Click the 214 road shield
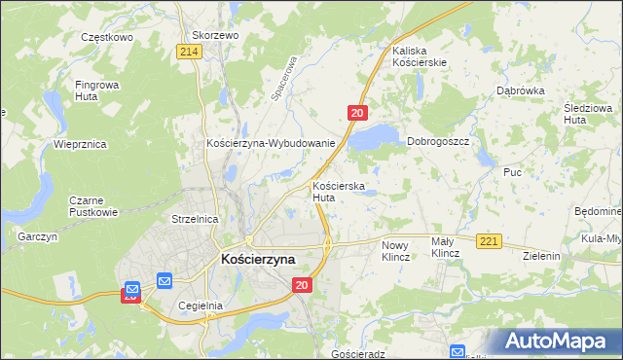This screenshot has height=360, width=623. tap(191, 52)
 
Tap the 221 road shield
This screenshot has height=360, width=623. tap(489, 240)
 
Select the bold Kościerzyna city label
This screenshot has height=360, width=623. tap(258, 260)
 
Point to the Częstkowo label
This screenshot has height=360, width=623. tap(106, 36)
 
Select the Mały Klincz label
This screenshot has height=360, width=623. tap(445, 247)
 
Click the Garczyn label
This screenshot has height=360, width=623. tap(38, 236)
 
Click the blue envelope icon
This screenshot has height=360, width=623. tap(163, 281)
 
